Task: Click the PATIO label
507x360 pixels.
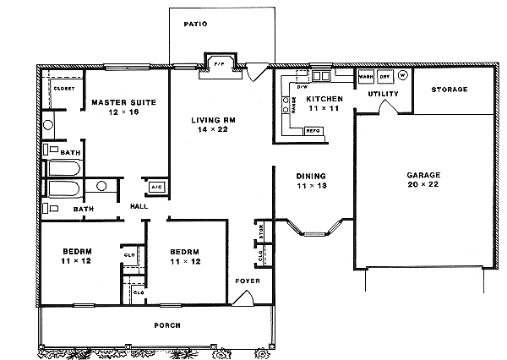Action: coord(196,25)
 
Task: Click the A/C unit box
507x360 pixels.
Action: coord(155,187)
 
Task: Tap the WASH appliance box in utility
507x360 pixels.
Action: coord(366,76)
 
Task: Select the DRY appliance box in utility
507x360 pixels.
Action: coord(384,76)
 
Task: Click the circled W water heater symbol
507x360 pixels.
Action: coord(402,75)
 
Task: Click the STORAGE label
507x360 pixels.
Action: coord(450,89)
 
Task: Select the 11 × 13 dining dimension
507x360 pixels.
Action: coord(310,188)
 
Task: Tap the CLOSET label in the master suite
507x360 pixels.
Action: coord(64,88)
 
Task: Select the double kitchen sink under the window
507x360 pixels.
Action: coord(321,77)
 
